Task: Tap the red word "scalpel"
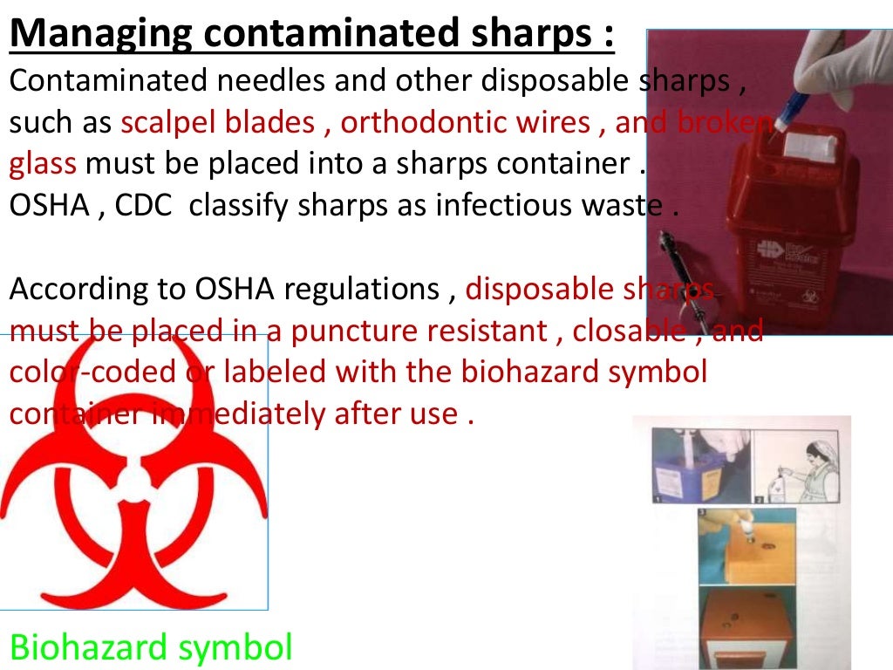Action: tap(170, 123)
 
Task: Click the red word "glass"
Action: tap(44, 164)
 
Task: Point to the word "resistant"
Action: tap(487, 332)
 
